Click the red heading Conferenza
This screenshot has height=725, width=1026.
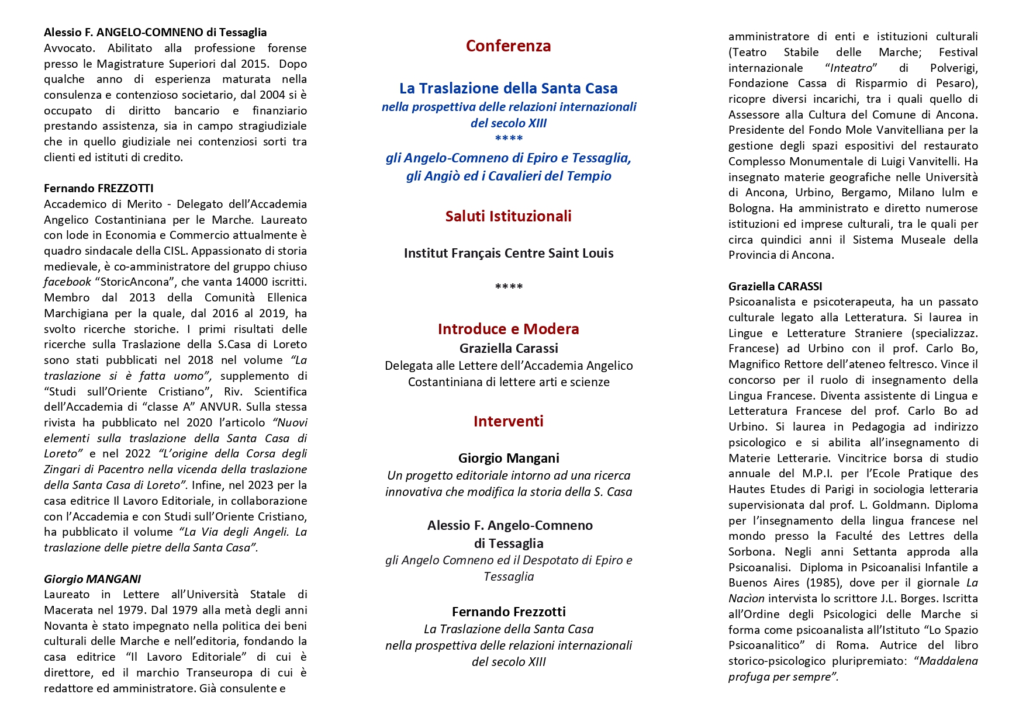(x=508, y=46)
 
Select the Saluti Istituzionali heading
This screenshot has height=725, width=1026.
(x=508, y=216)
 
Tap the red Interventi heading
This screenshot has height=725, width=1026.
(x=508, y=421)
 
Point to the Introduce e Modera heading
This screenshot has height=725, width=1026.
(x=508, y=329)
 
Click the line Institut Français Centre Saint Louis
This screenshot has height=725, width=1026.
(x=508, y=254)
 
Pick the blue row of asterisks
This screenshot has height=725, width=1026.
(x=508, y=139)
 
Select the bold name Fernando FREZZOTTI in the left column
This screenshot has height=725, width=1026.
(x=98, y=188)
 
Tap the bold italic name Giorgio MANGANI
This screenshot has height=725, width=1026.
(x=92, y=579)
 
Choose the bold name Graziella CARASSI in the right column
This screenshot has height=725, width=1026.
(x=775, y=286)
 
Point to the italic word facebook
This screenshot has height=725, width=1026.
(x=67, y=282)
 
